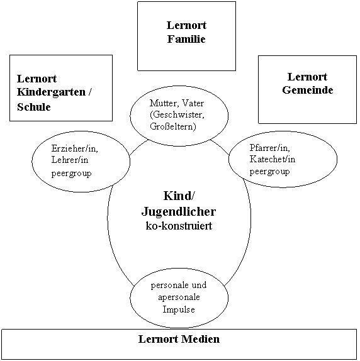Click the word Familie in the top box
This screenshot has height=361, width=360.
pyautogui.click(x=186, y=39)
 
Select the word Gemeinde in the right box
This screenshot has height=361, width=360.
pyautogui.click(x=308, y=90)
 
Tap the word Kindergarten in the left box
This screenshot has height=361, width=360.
pyautogui.click(x=51, y=92)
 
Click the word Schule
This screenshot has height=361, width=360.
pyautogui.click(x=33, y=107)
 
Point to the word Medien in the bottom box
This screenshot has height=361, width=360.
pyautogui.click(x=200, y=339)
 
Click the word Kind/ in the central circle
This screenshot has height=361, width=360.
pyautogui.click(x=179, y=196)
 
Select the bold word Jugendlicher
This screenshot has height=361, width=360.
pyautogui.click(x=179, y=211)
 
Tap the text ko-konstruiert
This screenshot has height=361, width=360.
pyautogui.click(x=179, y=226)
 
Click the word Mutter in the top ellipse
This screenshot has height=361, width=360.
pyautogui.click(x=163, y=103)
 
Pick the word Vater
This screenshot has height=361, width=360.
pyautogui.click(x=193, y=103)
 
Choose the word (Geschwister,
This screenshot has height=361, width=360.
pyautogui.click(x=177, y=115)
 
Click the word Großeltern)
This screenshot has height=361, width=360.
pyautogui.click(x=172, y=126)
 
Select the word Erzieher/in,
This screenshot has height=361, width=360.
pyautogui.click(x=75, y=148)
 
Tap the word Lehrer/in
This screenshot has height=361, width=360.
pyautogui.click(x=70, y=160)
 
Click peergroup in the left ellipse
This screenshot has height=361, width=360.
pyautogui.click(x=71, y=173)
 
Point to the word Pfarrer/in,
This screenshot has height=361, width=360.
pyautogui.click(x=270, y=148)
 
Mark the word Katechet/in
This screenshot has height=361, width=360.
pyautogui.click(x=273, y=159)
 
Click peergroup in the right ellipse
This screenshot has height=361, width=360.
pyautogui.click(x=270, y=172)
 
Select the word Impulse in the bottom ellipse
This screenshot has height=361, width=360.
pyautogui.click(x=179, y=309)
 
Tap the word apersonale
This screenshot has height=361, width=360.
pyautogui.click(x=179, y=297)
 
